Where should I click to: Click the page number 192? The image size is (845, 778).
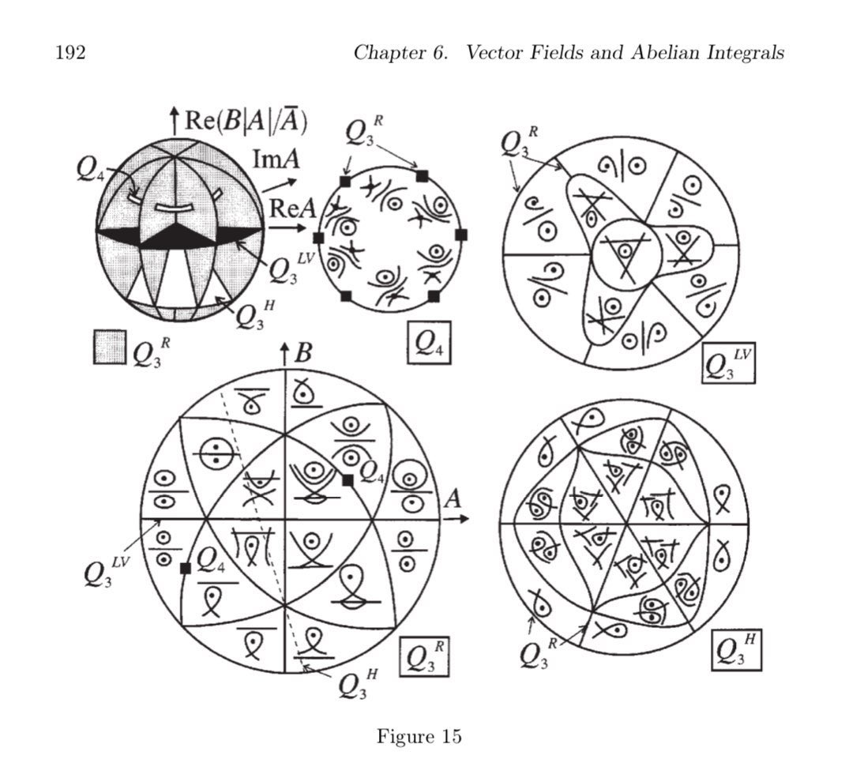click(70, 53)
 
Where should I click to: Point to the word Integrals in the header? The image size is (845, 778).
click(746, 54)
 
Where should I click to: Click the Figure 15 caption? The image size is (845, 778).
click(419, 736)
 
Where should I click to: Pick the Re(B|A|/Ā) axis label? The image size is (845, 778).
click(246, 120)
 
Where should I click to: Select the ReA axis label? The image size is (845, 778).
click(292, 208)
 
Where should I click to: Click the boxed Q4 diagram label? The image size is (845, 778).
click(429, 342)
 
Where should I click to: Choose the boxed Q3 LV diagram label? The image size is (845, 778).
click(728, 363)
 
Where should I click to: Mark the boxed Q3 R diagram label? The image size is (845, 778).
click(424, 656)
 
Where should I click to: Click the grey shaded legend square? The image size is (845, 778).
click(109, 348)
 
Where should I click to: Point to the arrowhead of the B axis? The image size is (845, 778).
click(284, 350)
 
